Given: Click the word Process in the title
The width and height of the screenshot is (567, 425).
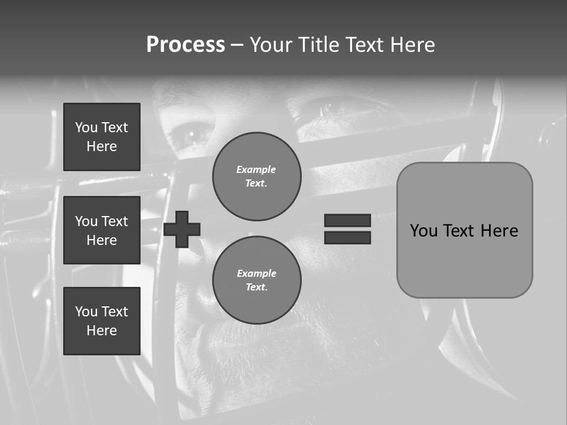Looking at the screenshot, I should tap(185, 45).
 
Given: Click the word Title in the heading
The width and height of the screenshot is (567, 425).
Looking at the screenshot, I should tap(318, 45).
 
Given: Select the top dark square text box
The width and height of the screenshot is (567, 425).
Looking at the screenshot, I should tap(102, 137).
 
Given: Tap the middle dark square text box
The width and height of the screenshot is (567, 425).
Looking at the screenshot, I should tap(102, 230).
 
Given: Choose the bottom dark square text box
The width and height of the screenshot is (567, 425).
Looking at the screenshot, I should tap(102, 321).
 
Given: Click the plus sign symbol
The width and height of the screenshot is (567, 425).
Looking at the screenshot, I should tap(182, 229).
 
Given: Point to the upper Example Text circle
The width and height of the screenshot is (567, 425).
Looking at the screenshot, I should tap(256, 176).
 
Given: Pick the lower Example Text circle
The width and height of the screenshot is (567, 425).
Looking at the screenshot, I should tap(256, 280).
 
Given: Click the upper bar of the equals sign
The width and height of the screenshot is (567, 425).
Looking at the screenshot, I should tap(347, 220).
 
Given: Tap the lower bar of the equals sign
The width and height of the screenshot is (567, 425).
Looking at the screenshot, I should tap(347, 237).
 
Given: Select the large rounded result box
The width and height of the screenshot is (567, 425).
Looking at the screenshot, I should tap(464, 230).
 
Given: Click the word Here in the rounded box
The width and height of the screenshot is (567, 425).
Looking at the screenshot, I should tap(500, 231).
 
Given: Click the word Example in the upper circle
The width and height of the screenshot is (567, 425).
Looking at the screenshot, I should tap(256, 169).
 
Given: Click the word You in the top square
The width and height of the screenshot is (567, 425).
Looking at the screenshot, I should tap(86, 127).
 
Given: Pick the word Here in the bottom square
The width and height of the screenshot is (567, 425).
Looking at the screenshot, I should tap(102, 331).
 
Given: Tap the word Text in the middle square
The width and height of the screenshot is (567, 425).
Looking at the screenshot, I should tap(114, 221).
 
